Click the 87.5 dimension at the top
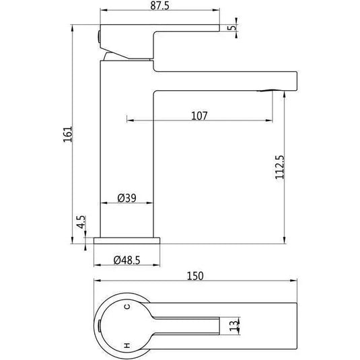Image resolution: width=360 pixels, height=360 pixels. pos(159,6)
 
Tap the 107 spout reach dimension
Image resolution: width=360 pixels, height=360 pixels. pos(199,115)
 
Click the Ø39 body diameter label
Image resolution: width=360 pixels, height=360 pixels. pos(127,198)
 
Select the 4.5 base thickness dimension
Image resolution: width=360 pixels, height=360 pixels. pos(80,223)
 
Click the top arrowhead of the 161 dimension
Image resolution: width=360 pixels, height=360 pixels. pos(72,28)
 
